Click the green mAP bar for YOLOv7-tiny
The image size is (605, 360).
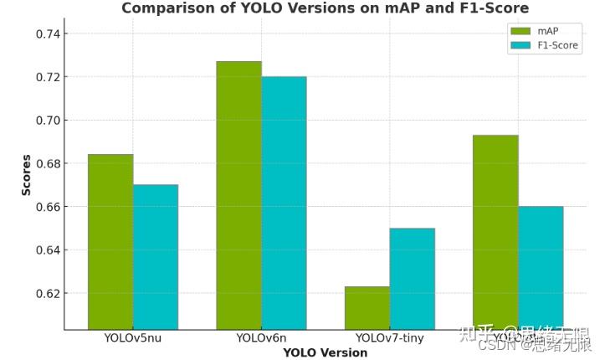367,307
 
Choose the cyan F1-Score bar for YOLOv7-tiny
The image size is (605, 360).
412,278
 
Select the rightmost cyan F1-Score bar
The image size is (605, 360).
541,267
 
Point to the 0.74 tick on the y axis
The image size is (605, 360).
43,34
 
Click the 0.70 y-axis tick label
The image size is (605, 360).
43,121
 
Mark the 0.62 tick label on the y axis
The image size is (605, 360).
43,294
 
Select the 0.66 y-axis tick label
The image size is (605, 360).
43,207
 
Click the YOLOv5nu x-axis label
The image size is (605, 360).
133,338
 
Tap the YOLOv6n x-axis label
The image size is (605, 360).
261,338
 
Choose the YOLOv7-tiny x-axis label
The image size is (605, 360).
389,338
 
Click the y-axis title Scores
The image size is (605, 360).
26,174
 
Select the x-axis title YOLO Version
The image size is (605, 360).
325,352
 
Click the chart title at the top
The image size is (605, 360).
325,8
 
